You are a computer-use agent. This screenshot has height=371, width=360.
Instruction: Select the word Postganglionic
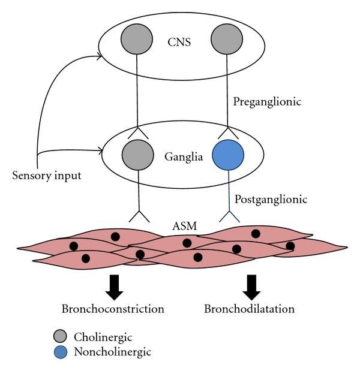[272, 198]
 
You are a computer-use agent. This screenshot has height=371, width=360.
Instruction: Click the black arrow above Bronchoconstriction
[114, 287]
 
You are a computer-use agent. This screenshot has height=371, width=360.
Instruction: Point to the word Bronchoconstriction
[113, 310]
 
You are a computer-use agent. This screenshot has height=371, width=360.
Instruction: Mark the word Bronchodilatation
[250, 310]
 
